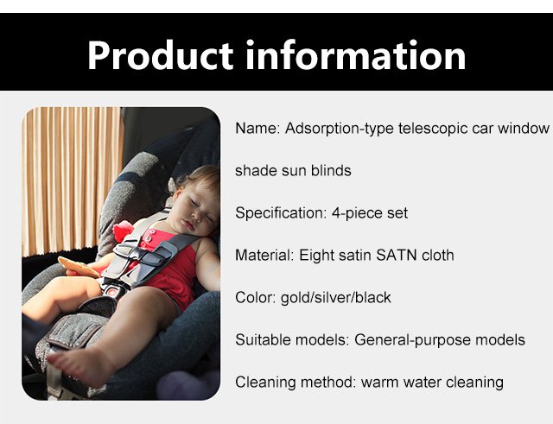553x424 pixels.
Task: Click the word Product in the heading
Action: (161, 55)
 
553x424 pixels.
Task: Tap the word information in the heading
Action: (355, 55)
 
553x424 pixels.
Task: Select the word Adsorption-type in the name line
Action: (340, 129)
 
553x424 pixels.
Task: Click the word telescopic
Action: (433, 129)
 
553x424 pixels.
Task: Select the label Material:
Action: (264, 255)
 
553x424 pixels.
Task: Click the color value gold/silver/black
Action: (336, 298)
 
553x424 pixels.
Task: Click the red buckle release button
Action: (113, 292)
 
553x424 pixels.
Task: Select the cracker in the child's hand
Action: (79, 267)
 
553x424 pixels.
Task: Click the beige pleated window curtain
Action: (73, 180)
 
